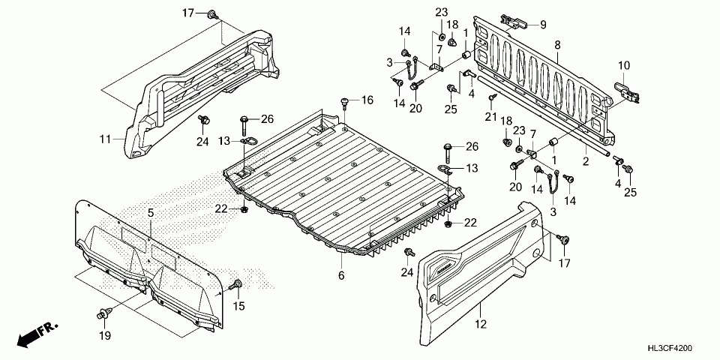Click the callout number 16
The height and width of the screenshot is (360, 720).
(x=367, y=100)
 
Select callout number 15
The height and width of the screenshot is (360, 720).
(x=240, y=306)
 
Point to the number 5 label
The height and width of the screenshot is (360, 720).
(x=150, y=214)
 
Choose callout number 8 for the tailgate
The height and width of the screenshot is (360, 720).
(x=557, y=46)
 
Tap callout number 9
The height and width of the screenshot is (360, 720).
(x=543, y=25)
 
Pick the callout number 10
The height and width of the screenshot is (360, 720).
(x=624, y=65)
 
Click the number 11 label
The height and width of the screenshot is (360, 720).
(x=106, y=139)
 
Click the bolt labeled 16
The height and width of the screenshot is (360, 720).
(x=343, y=102)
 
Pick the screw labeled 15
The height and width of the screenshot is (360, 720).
(x=238, y=284)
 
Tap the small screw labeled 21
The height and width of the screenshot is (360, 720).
(x=491, y=98)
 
